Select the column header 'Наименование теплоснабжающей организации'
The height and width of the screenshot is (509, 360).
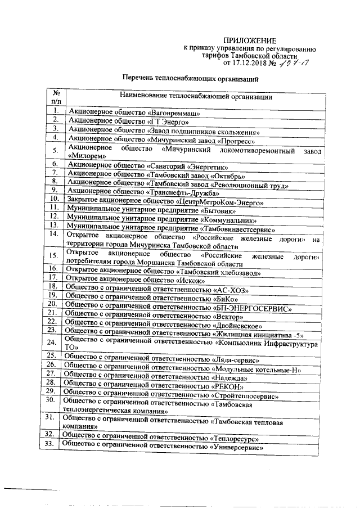point(196,97)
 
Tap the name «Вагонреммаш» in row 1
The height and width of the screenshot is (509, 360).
point(174,112)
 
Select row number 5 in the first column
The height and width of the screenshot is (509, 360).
point(55,151)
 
